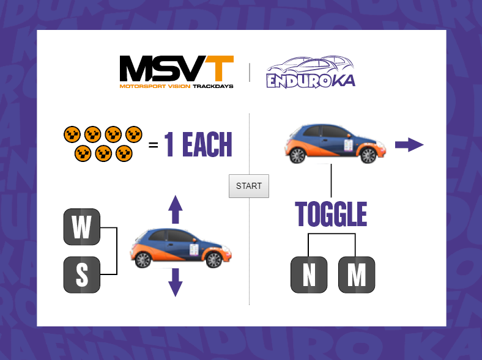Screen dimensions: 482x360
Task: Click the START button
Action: click(249, 186)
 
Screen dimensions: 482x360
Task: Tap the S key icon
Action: click(82, 274)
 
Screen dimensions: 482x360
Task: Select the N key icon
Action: click(309, 274)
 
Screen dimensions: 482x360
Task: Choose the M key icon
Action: click(357, 274)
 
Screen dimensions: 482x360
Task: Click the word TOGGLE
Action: click(331, 214)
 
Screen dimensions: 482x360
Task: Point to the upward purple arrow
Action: click(175, 209)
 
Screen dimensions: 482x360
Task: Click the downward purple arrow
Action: click(175, 282)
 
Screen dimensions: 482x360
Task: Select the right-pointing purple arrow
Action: click(409, 145)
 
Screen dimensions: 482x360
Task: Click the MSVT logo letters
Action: click(176, 68)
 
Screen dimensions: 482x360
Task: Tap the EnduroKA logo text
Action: click(311, 81)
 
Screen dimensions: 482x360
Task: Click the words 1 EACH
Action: click(198, 144)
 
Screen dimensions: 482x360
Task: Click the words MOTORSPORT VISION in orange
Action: click(155, 86)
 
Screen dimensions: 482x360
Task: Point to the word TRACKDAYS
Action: click(213, 86)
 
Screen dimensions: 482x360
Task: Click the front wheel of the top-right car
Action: click(368, 155)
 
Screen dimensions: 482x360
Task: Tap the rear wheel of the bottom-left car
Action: click(143, 260)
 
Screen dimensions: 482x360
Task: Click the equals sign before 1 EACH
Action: click(153, 144)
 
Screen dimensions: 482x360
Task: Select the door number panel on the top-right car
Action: click(348, 145)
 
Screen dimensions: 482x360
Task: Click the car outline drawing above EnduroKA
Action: click(310, 65)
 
